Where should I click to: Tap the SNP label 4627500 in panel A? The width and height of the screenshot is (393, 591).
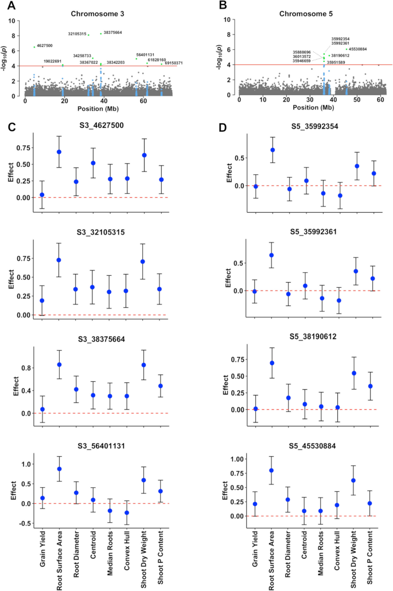click(45, 46)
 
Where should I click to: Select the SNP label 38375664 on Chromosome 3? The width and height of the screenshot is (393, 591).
click(112, 33)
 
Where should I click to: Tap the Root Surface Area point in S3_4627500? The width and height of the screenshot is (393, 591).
click(59, 152)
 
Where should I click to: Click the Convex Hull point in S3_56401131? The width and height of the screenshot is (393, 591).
click(127, 513)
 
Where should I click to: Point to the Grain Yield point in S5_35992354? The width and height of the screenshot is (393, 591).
click(256, 186)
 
